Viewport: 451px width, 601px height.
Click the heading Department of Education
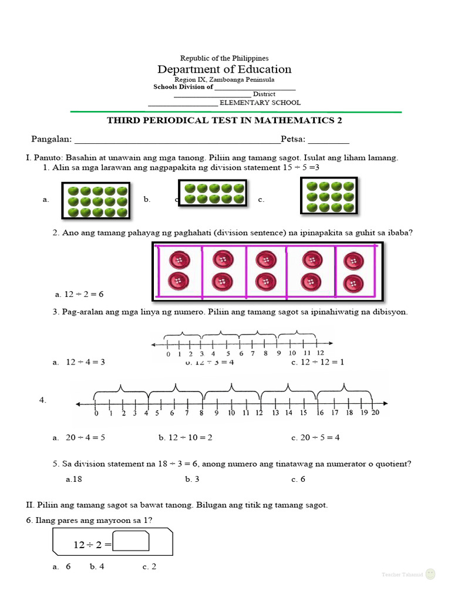coord(224,69)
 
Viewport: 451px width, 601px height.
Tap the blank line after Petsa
coord(328,140)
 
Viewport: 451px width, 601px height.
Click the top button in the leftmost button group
coord(177,259)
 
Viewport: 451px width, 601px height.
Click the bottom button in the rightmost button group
coord(354,283)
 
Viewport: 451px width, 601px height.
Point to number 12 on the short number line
coord(320,353)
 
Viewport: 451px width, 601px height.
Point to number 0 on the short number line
coord(168,353)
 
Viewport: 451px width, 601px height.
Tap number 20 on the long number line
coord(375,413)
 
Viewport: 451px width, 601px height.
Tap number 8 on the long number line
coord(201,413)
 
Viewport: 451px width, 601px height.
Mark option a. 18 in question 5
coord(74,479)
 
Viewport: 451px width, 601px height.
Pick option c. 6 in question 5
coord(299,479)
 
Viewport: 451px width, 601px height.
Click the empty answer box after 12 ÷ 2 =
coord(131,541)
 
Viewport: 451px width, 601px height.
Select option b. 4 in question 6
coord(97,567)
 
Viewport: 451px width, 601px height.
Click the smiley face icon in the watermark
coord(430,573)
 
